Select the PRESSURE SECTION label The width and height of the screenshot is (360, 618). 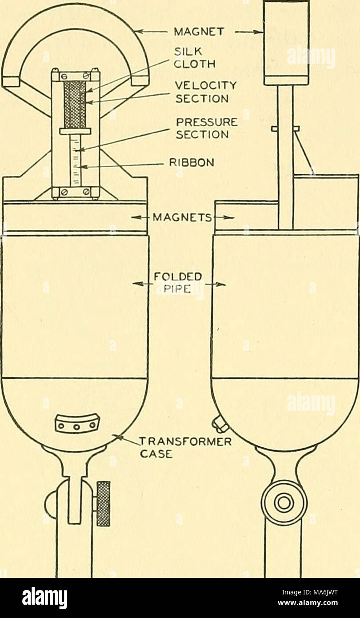(x=207, y=128)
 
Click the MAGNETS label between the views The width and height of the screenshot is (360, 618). (x=182, y=218)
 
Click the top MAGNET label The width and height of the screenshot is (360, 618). (x=198, y=32)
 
